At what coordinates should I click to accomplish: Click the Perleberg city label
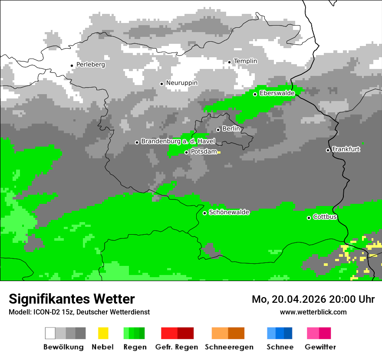pyautogui.click(x=90, y=65)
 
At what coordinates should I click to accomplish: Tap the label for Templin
pyautogui.click(x=245, y=61)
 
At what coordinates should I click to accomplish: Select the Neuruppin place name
pyautogui.click(x=181, y=83)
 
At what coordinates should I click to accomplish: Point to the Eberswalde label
pyautogui.click(x=277, y=93)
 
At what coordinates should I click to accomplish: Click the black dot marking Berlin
pyautogui.click(x=218, y=130)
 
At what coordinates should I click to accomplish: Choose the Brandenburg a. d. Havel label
pyautogui.click(x=178, y=141)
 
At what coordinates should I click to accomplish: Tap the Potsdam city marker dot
pyautogui.click(x=186, y=152)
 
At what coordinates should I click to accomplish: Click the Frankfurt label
pyautogui.click(x=346, y=149)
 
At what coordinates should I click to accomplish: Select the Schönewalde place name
pyautogui.click(x=229, y=213)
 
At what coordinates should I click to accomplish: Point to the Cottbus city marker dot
pyautogui.click(x=309, y=218)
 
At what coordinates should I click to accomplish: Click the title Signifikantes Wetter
pyautogui.click(x=72, y=299)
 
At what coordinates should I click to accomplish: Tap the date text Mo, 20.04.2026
pyautogui.click(x=289, y=299)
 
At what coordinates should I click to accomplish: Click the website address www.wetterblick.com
pyautogui.click(x=313, y=312)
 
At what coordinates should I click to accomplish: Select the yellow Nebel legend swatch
pyautogui.click(x=103, y=333)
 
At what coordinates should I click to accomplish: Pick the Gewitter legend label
pyautogui.click(x=320, y=347)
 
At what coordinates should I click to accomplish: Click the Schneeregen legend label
pyautogui.click(x=229, y=347)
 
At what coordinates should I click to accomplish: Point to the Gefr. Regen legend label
pyautogui.click(x=176, y=347)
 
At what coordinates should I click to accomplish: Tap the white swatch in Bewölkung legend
pyautogui.click(x=50, y=333)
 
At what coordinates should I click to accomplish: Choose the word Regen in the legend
pyautogui.click(x=134, y=347)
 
